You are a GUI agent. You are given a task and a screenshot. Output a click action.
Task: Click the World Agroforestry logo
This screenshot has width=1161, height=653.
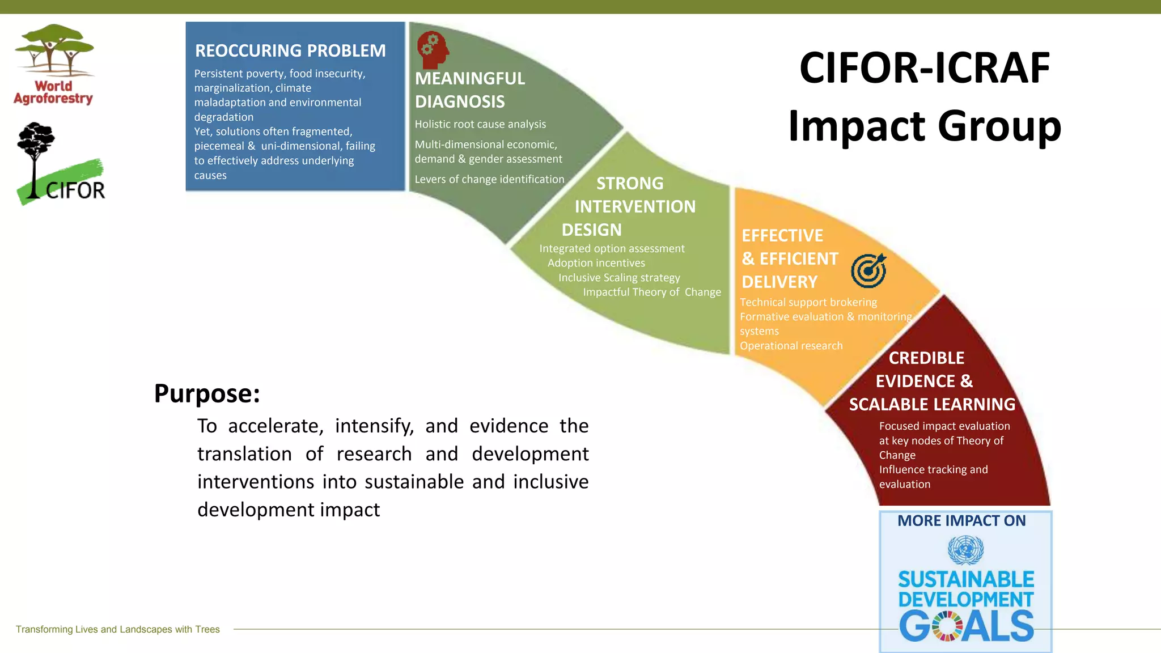click(54, 65)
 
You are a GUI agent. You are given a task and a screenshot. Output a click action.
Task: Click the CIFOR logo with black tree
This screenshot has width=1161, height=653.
click(60, 164)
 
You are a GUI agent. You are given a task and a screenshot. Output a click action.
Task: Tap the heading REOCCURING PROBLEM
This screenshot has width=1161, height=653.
click(290, 51)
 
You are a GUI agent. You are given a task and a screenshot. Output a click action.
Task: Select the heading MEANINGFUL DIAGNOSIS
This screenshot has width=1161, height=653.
click(469, 90)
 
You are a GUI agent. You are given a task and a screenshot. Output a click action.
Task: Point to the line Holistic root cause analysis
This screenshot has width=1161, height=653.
click(480, 124)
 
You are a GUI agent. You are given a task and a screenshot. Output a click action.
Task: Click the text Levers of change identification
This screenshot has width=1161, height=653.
click(489, 179)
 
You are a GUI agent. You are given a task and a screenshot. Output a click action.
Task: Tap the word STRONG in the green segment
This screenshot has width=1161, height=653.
click(629, 183)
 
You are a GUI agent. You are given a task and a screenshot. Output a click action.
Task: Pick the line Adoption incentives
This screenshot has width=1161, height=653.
click(596, 263)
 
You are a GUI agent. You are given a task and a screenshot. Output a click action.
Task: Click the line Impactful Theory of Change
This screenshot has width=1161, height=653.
click(652, 292)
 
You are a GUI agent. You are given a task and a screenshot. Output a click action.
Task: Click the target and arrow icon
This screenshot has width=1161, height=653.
click(868, 270)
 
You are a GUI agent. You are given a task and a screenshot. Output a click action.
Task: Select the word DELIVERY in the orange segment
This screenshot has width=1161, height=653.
click(779, 282)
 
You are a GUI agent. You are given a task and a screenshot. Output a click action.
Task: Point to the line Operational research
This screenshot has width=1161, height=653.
click(791, 346)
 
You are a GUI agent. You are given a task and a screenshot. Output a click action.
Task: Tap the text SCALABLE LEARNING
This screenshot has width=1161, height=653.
click(932, 404)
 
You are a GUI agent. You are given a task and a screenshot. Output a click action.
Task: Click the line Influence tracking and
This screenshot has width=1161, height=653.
click(933, 469)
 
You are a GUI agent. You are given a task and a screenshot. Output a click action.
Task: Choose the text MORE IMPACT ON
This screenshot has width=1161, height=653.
click(961, 521)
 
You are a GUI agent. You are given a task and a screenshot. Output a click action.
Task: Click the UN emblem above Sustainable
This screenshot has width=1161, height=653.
click(965, 550)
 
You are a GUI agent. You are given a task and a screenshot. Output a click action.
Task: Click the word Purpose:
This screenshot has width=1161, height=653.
click(207, 393)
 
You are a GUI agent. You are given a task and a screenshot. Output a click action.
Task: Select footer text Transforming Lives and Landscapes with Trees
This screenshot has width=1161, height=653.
click(117, 629)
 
